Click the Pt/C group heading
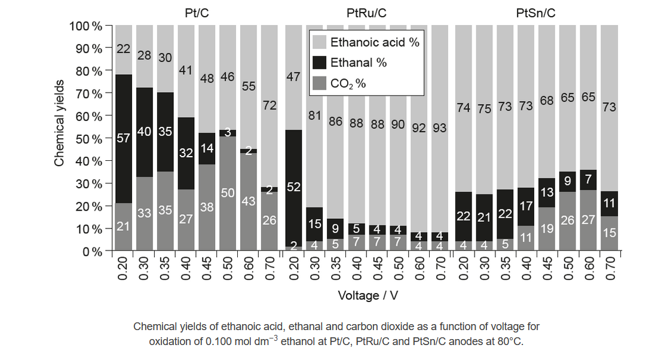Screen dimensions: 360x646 click(x=197, y=13)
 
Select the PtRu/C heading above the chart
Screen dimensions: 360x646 click(x=366, y=13)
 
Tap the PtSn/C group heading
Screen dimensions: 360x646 click(x=535, y=13)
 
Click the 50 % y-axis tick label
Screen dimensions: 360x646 click(x=89, y=138)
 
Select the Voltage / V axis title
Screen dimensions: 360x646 click(x=366, y=295)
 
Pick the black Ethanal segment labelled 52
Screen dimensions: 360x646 click(x=293, y=187)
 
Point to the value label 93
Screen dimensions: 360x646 click(x=440, y=128)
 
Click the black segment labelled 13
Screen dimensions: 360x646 click(x=547, y=192)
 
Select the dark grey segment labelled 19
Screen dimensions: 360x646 click(x=547, y=228)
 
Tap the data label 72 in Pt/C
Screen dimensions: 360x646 click(x=270, y=106)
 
